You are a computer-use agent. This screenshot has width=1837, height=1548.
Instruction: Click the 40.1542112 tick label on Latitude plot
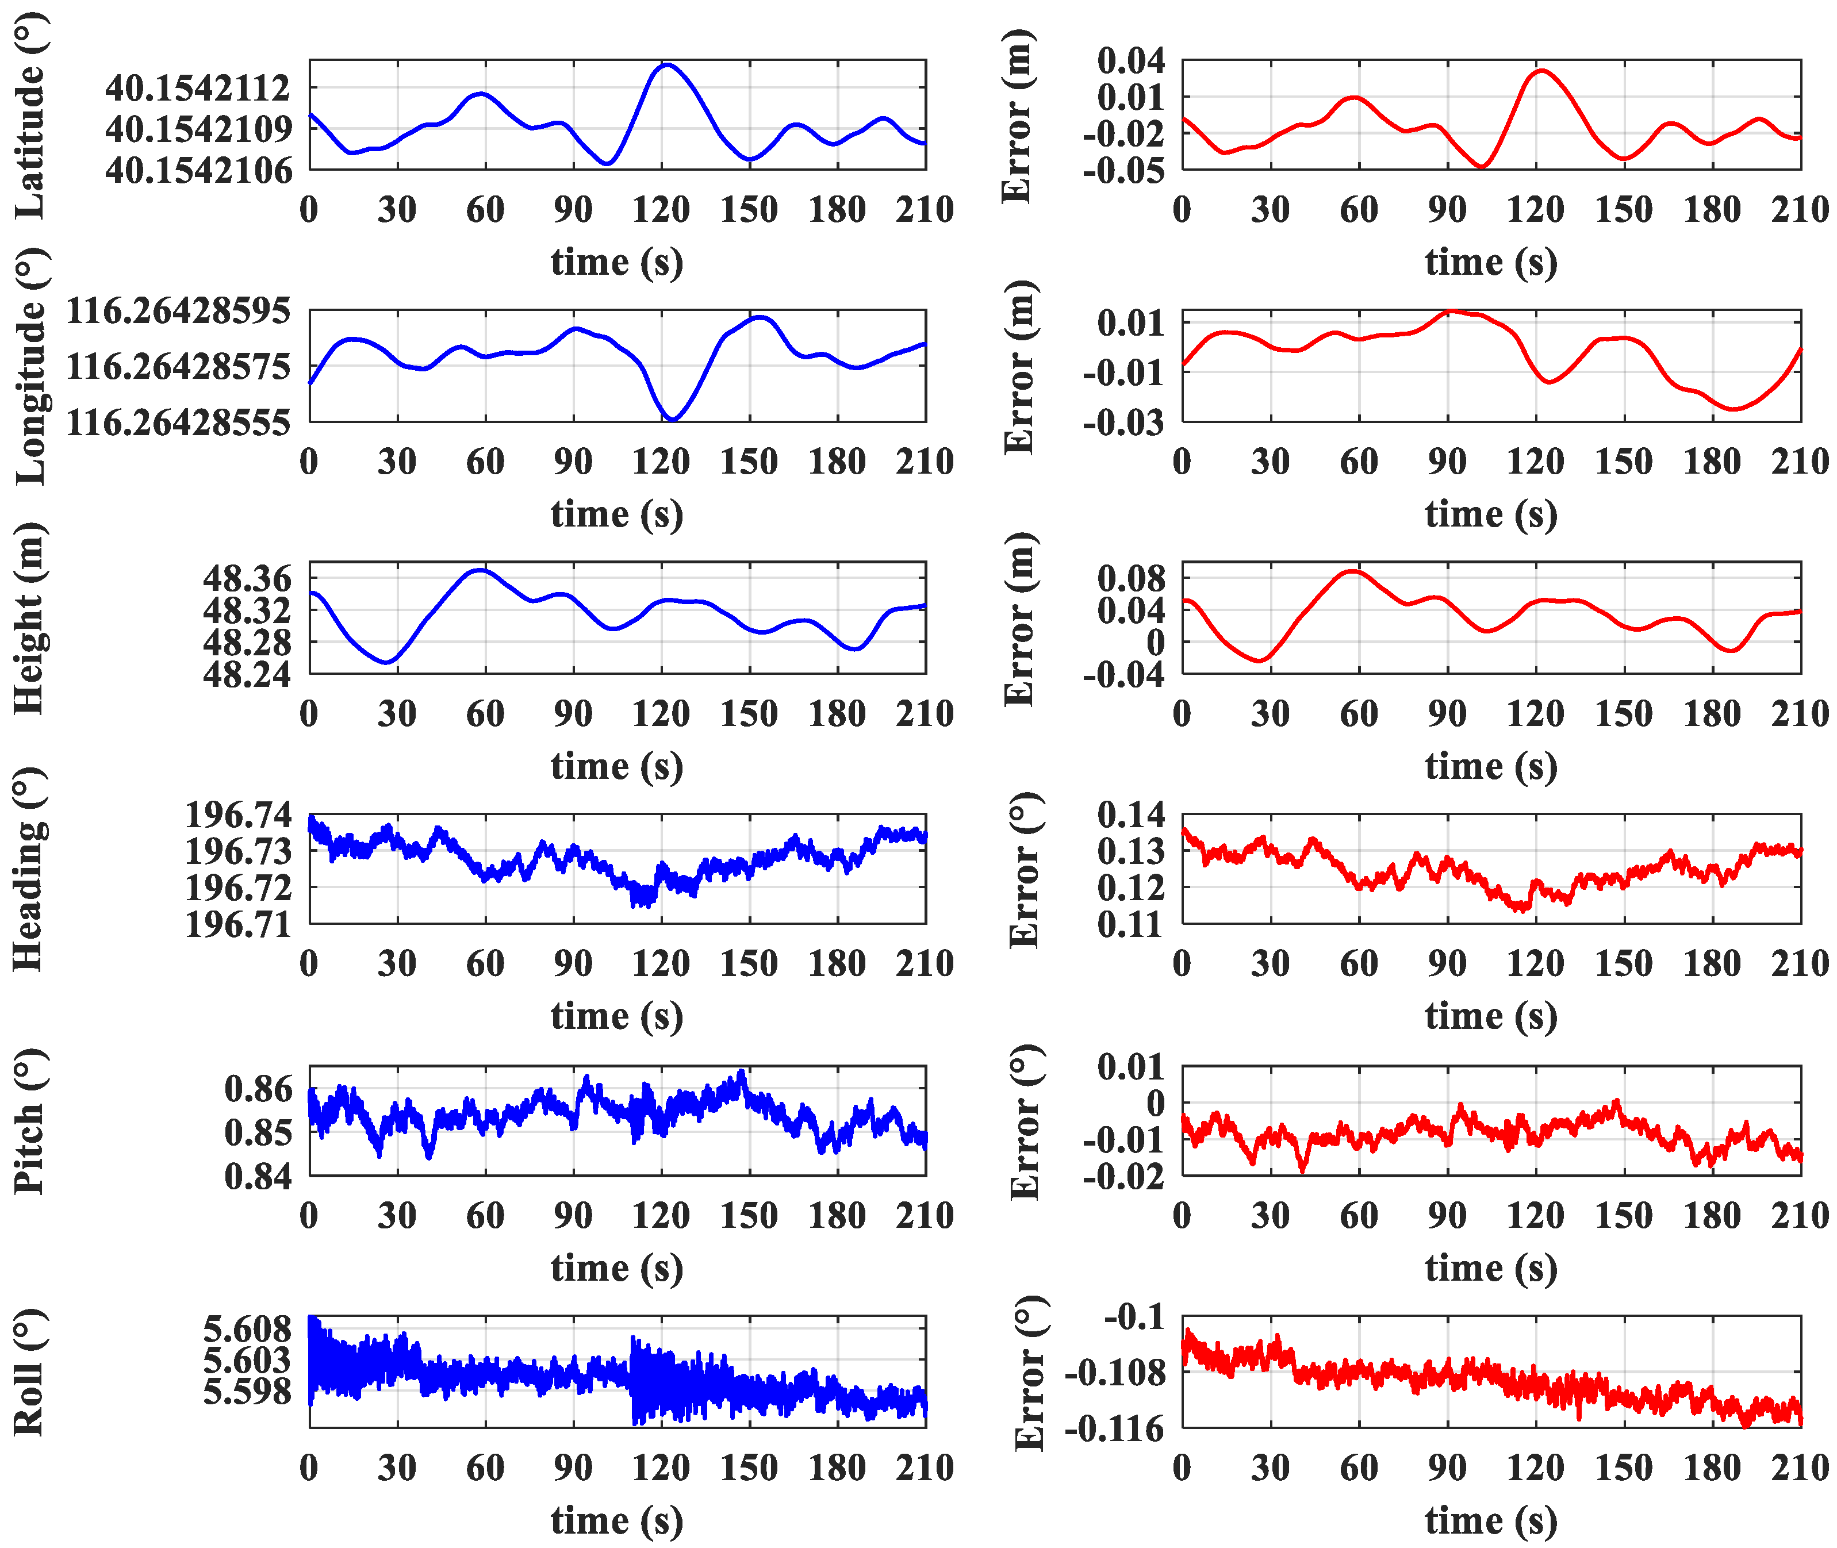(197, 88)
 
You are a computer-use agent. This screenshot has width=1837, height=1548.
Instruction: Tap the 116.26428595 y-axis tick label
(178, 310)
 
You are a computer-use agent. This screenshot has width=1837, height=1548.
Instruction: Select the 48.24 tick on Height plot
(247, 674)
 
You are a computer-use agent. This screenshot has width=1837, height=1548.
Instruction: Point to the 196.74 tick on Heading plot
(238, 815)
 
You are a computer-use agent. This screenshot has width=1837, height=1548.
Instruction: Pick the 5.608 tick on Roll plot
(247, 1330)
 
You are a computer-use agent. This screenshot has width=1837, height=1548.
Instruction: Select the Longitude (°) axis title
(30, 366)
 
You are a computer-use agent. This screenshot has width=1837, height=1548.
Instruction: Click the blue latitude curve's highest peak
(667, 64)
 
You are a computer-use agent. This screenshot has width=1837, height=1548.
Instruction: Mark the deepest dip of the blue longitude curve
(672, 420)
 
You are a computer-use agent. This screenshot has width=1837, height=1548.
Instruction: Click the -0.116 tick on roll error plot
(1114, 1428)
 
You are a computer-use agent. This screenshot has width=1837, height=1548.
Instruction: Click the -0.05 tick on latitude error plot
(1123, 170)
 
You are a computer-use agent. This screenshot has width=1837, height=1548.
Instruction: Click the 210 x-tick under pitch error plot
(1799, 1215)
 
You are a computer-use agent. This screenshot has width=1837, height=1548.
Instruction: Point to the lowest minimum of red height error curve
(1260, 660)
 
